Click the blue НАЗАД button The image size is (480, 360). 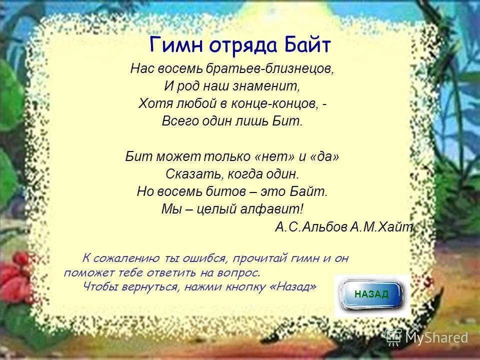tap(371, 294)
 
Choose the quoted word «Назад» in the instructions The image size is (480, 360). tap(295, 287)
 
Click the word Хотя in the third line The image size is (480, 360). tap(152, 103)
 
